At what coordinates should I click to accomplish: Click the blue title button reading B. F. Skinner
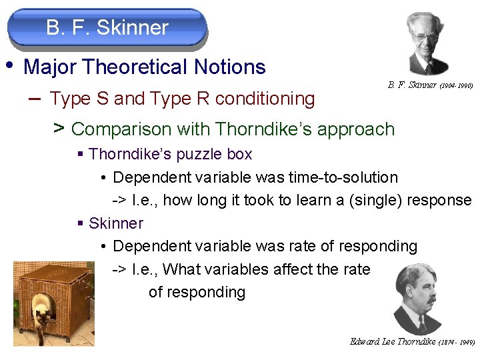click(x=107, y=28)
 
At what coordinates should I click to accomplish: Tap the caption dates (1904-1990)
click(x=457, y=86)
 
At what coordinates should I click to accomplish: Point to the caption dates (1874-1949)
click(x=457, y=342)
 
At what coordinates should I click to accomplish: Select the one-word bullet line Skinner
click(x=115, y=223)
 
